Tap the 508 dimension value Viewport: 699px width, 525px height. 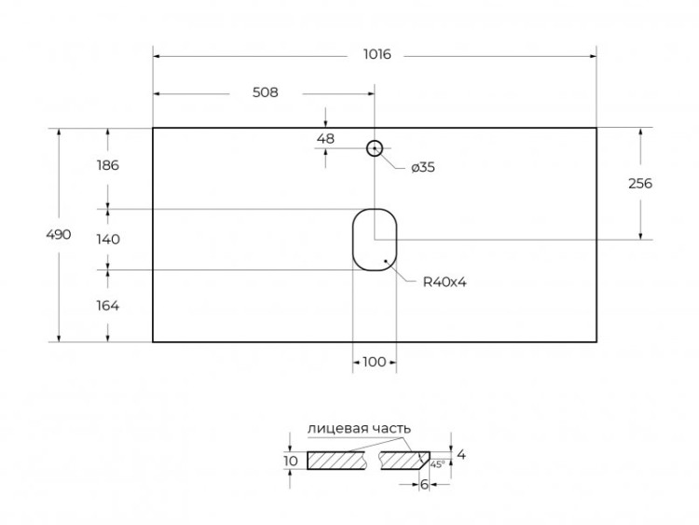[265, 92]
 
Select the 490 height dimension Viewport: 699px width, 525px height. [59, 235]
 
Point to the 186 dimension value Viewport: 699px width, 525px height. [108, 166]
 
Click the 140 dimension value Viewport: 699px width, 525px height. [108, 239]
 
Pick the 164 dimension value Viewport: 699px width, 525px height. [108, 305]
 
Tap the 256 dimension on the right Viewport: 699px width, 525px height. [639, 184]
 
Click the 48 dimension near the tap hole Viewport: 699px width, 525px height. [325, 139]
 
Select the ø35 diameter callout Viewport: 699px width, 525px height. [422, 168]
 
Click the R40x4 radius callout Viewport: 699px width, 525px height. [444, 282]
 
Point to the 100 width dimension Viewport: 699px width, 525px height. [374, 362]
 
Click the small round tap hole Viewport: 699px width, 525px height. [375, 147]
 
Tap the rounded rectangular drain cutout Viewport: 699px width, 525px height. [375, 239]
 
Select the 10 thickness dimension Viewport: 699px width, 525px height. [291, 461]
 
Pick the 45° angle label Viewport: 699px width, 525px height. [437, 463]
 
